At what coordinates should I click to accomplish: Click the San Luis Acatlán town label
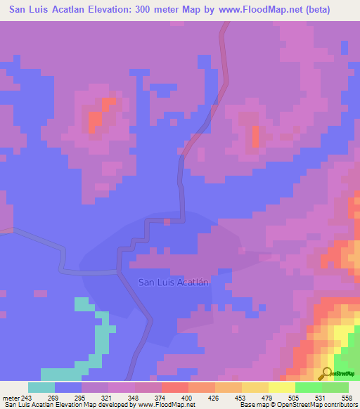click(x=174, y=283)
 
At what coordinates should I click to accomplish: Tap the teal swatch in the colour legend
click(x=41, y=387)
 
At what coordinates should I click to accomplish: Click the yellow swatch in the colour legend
click(x=281, y=387)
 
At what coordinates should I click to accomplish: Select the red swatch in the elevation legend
click(x=174, y=387)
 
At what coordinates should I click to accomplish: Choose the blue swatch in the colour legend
click(x=68, y=387)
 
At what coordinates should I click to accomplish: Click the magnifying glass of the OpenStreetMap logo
click(x=326, y=373)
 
